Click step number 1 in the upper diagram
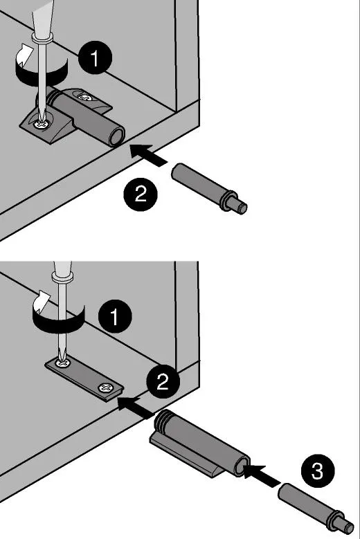96,57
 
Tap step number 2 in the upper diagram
141,194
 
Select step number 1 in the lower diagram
115,316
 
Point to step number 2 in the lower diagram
163,381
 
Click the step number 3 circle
318,471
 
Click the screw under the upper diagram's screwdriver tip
42,124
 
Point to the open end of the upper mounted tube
116,137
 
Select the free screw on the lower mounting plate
105,388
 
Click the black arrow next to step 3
261,475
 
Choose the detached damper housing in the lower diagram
200,443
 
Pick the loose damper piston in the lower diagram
315,506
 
